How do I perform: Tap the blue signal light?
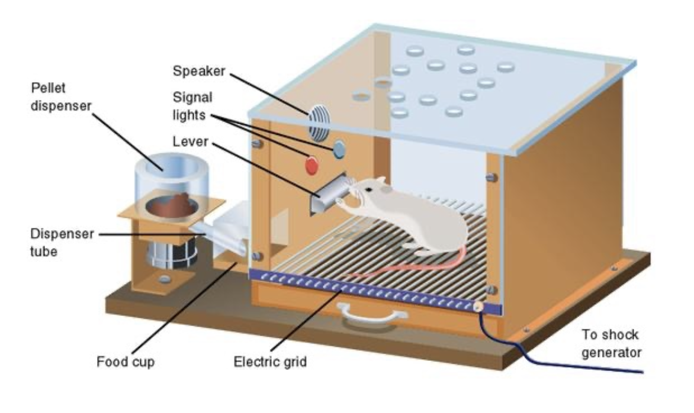(339, 150)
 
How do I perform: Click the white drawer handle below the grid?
(364, 313)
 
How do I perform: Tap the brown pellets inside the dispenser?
(171, 205)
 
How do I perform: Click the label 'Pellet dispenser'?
(62, 97)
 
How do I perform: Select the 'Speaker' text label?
(198, 71)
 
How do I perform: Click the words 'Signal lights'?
(192, 105)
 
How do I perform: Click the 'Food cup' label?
(126, 362)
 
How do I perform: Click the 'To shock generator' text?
(610, 344)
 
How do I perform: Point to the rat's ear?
(380, 182)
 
